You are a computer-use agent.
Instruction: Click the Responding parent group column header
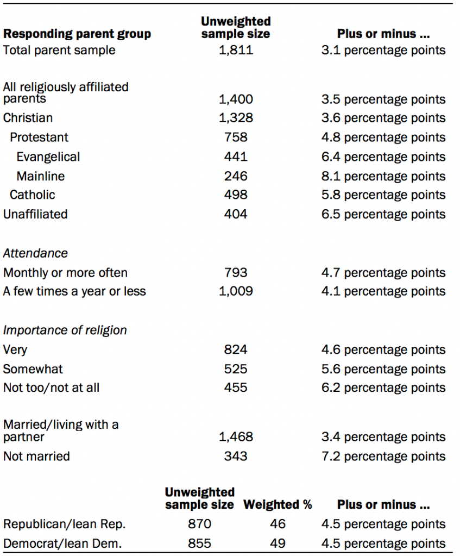77,34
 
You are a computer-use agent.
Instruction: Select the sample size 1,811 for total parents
236,51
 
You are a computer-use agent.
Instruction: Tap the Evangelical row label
48,157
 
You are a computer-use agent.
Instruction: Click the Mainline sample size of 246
236,176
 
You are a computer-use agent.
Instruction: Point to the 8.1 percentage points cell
383,176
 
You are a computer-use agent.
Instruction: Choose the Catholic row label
33,195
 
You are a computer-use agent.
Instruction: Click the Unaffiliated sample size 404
236,214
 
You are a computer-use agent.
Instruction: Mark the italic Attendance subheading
36,253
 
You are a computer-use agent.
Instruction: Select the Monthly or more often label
65,273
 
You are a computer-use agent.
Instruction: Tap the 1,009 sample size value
236,291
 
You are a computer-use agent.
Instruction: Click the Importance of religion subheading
65,330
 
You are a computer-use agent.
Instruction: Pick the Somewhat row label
33,369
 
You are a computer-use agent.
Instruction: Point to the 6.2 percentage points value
383,388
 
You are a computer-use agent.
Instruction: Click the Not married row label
36,457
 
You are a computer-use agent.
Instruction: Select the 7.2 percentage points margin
383,457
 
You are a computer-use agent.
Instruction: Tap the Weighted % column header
278,505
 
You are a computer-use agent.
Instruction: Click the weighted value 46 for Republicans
278,524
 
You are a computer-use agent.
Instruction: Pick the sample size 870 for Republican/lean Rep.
199,524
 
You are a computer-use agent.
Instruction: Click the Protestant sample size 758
236,138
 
